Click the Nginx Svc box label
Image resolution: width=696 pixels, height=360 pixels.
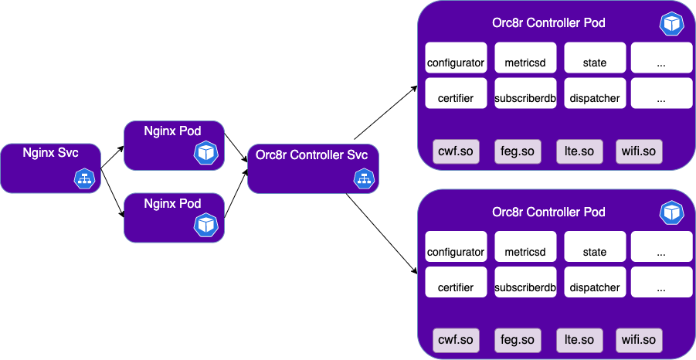pyautogui.click(x=50, y=151)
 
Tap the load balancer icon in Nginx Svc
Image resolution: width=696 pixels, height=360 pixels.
pyautogui.click(x=84, y=178)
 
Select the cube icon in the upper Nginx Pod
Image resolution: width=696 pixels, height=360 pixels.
pyautogui.click(x=205, y=153)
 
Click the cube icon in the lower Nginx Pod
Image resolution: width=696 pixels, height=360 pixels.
pyautogui.click(x=205, y=225)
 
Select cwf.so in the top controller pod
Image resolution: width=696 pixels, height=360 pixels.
pyautogui.click(x=456, y=151)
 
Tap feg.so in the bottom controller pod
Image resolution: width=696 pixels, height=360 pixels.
pyautogui.click(x=518, y=339)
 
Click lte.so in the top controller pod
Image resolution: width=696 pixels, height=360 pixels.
pyautogui.click(x=579, y=151)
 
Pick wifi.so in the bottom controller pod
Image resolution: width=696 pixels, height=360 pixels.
pyautogui.click(x=639, y=339)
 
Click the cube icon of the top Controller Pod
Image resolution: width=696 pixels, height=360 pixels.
pyautogui.click(x=671, y=23)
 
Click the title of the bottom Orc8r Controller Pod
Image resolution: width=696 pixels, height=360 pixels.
pyautogui.click(x=548, y=212)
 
